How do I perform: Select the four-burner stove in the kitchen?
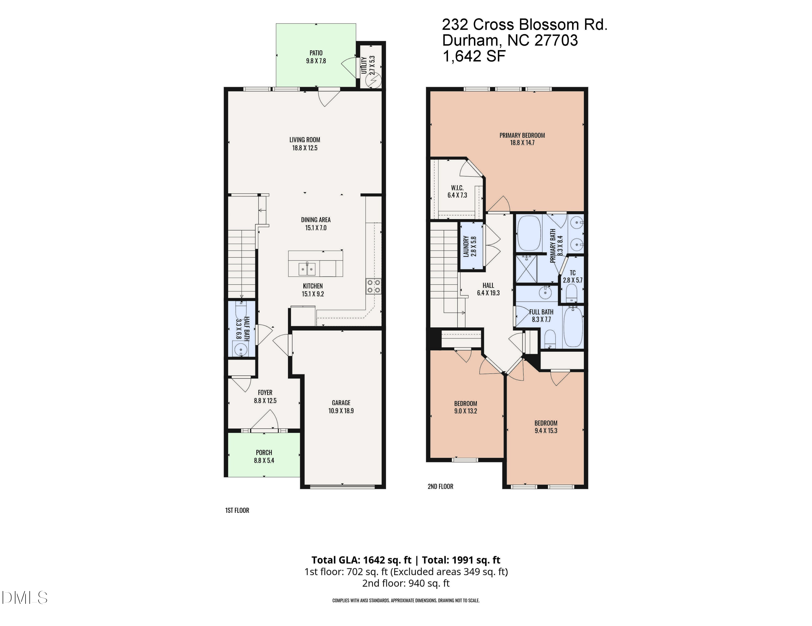pos(374,286)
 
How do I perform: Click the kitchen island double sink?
pos(307,269)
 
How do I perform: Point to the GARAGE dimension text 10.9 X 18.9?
pos(341,411)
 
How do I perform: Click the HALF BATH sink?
pos(241,350)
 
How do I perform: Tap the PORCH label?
pos(264,452)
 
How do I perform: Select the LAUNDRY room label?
pos(466,246)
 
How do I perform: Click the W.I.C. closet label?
pos(457,188)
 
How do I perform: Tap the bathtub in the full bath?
pos(573,327)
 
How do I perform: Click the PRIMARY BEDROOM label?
pos(522,135)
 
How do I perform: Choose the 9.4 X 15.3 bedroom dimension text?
pos(546,431)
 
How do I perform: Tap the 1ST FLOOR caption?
pos(237,510)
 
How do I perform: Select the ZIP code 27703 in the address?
pos(556,40)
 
